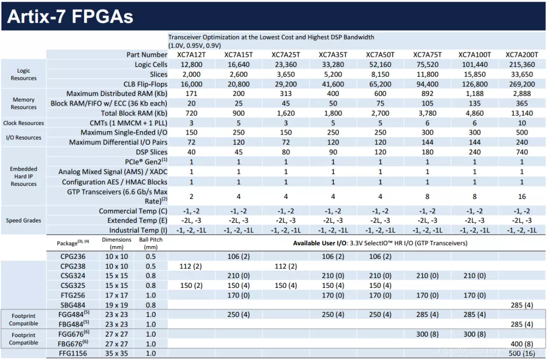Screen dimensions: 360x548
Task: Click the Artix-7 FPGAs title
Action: click(x=70, y=16)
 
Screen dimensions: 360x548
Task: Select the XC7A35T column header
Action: click(x=333, y=55)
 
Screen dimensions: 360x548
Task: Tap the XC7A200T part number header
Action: click(x=522, y=55)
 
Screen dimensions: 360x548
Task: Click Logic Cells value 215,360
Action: click(x=522, y=64)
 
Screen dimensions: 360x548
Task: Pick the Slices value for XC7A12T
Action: click(x=191, y=74)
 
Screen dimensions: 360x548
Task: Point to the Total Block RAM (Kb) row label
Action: click(x=134, y=113)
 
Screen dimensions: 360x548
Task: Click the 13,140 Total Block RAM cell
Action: click(x=522, y=113)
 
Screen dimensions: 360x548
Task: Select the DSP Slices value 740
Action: click(x=522, y=152)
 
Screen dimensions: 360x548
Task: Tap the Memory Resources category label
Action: click(x=24, y=104)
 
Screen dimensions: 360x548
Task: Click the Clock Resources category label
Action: click(x=24, y=123)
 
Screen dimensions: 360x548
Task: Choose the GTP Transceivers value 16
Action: click(x=522, y=197)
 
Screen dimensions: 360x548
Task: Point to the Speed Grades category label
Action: click(x=24, y=220)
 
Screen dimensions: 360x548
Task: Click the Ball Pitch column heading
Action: click(x=151, y=243)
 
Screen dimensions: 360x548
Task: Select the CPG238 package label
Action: click(x=73, y=266)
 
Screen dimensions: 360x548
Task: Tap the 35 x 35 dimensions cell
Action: click(x=117, y=353)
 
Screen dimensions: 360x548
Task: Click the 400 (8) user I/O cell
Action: click(x=522, y=343)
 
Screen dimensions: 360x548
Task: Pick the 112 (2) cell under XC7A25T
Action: click(x=286, y=266)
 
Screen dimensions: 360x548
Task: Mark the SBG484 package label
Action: click(x=73, y=305)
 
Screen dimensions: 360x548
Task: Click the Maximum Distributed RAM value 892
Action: click(x=427, y=94)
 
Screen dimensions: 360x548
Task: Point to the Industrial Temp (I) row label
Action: click(x=138, y=230)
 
